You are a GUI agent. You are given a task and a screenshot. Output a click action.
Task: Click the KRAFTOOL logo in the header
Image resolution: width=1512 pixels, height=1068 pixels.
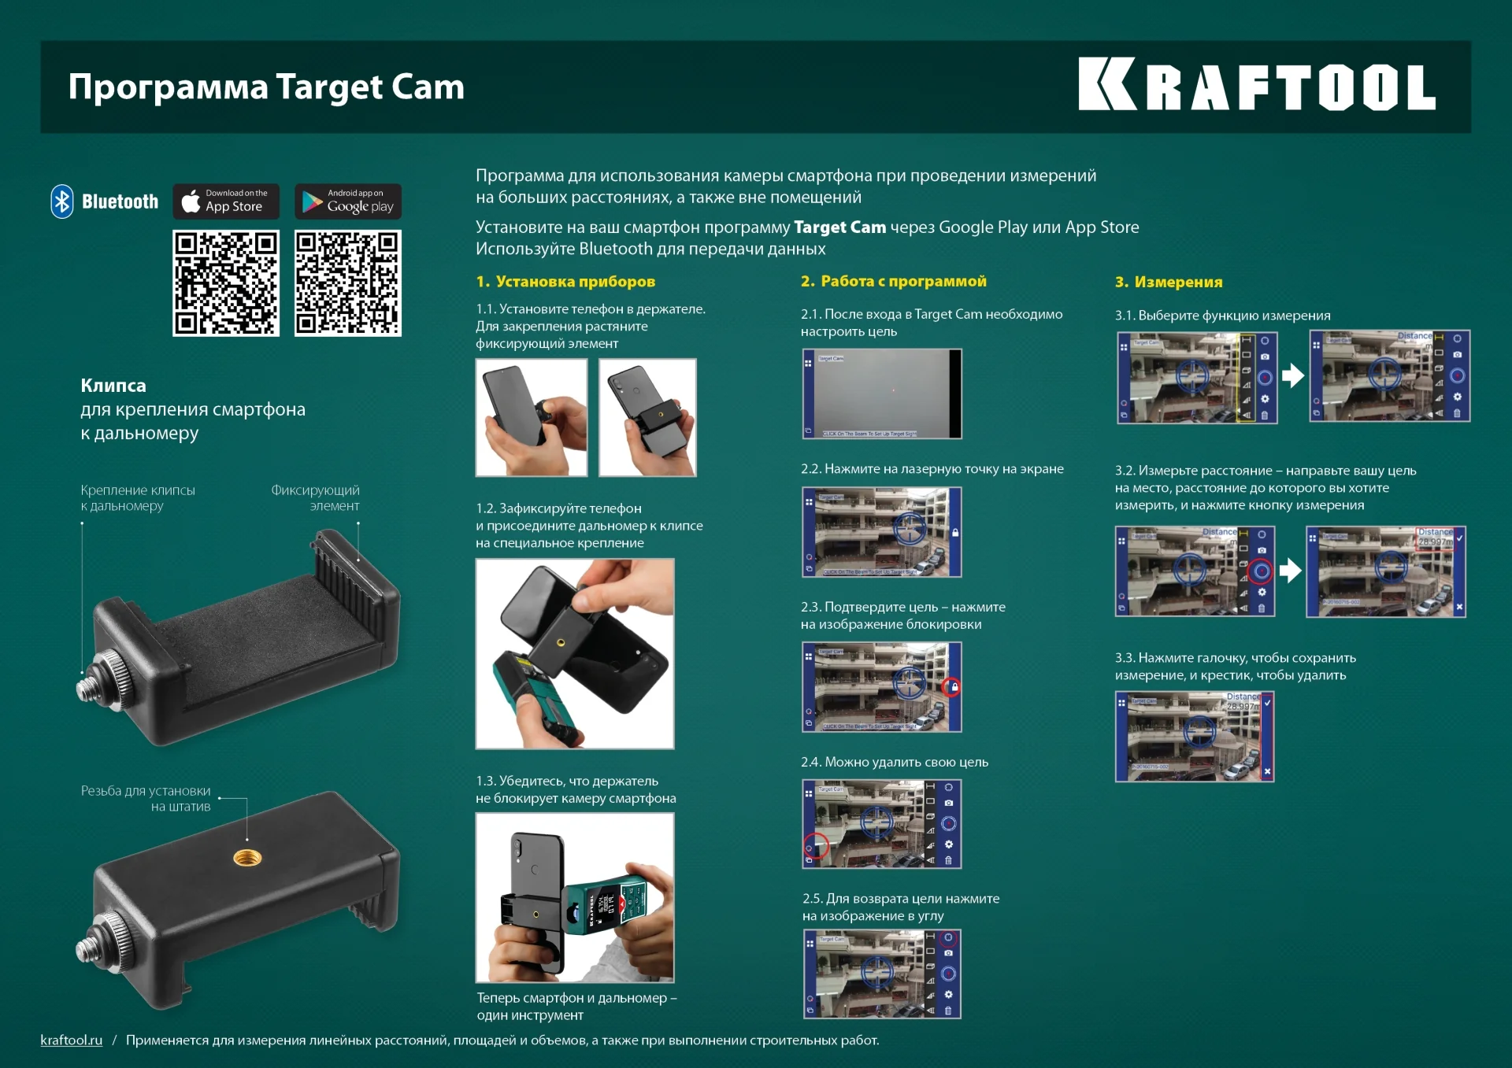click(1256, 85)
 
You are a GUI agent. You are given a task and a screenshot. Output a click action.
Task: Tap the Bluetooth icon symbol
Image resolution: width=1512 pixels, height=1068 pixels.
click(62, 201)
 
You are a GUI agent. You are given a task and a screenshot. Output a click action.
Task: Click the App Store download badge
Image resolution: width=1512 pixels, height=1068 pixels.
click(226, 201)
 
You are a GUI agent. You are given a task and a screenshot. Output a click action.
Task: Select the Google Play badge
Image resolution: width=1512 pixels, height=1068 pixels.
click(348, 201)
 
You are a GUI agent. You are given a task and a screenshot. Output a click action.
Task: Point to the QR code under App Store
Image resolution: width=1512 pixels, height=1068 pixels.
click(226, 283)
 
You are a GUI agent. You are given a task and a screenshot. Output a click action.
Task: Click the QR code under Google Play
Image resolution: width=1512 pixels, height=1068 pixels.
click(348, 283)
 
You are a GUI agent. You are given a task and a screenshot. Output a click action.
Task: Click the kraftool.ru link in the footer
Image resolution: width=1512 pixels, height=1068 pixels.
click(72, 1040)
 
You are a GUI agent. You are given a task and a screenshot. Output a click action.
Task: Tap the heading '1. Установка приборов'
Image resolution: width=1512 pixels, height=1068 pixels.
click(565, 282)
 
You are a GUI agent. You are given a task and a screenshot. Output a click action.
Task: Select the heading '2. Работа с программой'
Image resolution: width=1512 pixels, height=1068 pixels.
click(893, 281)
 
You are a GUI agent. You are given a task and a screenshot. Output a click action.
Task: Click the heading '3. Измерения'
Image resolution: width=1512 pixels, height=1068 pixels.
click(1169, 282)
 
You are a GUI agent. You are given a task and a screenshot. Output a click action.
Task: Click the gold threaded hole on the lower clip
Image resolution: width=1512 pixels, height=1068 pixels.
click(247, 857)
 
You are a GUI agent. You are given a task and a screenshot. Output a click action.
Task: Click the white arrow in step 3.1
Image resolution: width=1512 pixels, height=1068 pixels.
click(1292, 375)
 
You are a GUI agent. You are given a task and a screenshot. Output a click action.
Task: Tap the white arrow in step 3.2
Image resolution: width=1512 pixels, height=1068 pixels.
click(1290, 570)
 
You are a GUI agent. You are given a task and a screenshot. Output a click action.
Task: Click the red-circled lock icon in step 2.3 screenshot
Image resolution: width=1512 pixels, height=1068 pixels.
click(953, 687)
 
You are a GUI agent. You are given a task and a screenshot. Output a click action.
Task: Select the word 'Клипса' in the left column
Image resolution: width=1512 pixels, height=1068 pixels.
click(113, 386)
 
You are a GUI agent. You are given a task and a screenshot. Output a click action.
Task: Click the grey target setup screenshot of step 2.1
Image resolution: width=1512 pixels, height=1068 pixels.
click(881, 394)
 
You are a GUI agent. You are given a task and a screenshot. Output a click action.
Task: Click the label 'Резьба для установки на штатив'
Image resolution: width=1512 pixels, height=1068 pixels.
click(146, 798)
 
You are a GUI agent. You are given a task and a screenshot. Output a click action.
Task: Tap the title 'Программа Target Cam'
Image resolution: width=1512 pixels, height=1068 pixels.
click(266, 87)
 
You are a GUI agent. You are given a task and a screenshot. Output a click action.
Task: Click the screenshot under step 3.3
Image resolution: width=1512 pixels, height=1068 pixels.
click(1194, 737)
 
